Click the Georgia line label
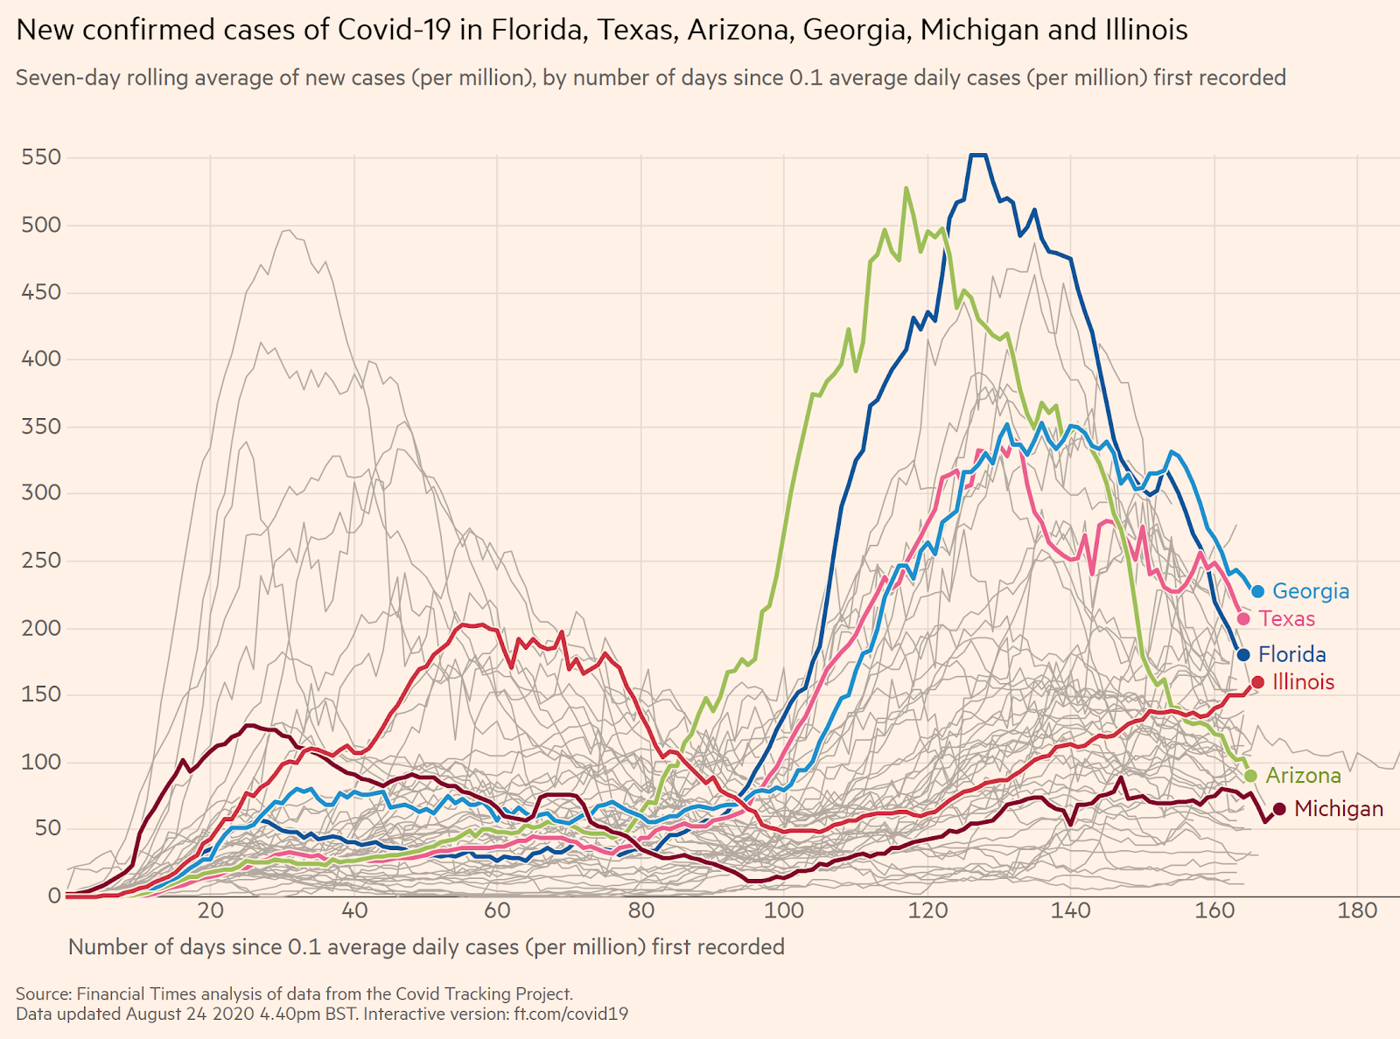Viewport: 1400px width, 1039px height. pos(1310,591)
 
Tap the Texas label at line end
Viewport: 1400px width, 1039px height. pos(1286,619)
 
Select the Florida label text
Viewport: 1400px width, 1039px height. pos(1291,654)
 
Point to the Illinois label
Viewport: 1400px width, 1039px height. pos(1303,682)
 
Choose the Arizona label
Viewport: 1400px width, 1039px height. pos(1303,776)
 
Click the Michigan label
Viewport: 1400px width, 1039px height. pos(1338,809)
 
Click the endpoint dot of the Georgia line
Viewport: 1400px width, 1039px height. pos(1258,591)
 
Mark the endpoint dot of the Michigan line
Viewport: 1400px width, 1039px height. pos(1279,809)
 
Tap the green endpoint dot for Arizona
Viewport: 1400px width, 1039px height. pos(1250,776)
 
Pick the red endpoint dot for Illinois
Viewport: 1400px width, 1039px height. pos(1258,682)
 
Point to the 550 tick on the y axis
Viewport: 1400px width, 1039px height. pos(41,157)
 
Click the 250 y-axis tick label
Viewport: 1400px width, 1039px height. pos(41,561)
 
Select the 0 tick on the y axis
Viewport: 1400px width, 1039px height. pos(54,896)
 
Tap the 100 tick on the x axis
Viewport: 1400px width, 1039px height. pos(784,910)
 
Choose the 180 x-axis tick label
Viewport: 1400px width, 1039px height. pos(1358,910)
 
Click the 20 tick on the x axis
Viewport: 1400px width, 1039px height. pos(210,910)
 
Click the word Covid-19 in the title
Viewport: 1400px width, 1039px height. pos(394,31)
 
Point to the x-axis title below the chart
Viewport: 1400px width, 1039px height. pos(426,947)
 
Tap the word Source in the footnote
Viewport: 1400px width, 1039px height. pos(43,994)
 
